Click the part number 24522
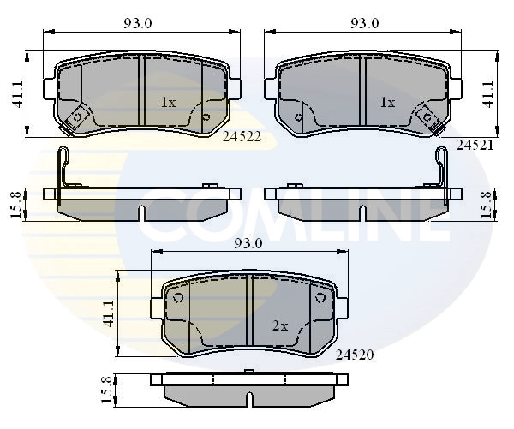242,136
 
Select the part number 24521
475,145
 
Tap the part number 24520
355,355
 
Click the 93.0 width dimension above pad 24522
138,23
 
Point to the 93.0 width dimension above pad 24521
365,23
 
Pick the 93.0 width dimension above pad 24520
248,243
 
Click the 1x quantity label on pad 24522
168,103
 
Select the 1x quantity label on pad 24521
387,103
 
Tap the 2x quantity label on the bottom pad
280,326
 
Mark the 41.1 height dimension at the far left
17,94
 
